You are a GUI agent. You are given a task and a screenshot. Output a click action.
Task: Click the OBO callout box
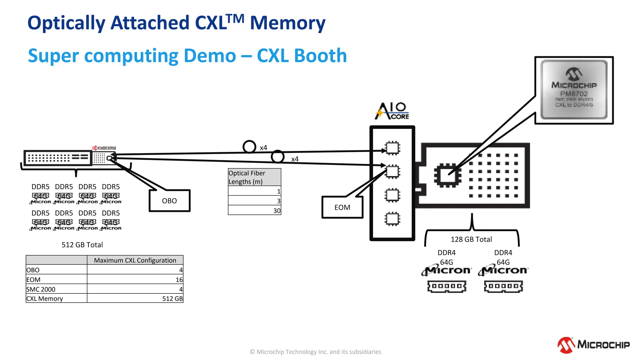click(x=169, y=201)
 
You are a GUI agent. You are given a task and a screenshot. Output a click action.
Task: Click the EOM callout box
click(x=342, y=207)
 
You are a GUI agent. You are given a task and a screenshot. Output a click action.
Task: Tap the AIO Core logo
click(x=392, y=111)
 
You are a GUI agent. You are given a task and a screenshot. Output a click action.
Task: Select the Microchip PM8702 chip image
click(x=574, y=90)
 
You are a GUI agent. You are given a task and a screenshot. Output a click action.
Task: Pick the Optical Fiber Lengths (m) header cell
click(x=254, y=177)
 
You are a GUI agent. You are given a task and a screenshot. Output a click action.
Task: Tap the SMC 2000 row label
click(x=41, y=289)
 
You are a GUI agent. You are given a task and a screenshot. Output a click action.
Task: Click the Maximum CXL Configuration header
click(x=135, y=260)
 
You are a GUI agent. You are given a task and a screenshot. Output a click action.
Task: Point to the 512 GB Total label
click(x=82, y=245)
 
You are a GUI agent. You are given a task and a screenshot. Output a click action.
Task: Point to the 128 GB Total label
click(x=471, y=239)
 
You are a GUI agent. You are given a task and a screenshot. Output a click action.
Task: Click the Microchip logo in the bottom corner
click(x=593, y=345)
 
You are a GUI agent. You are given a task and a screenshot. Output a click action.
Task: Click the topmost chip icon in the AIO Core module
click(x=392, y=148)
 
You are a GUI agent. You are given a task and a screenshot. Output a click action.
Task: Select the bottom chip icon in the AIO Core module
click(x=392, y=219)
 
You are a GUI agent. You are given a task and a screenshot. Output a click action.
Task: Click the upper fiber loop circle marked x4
click(x=249, y=147)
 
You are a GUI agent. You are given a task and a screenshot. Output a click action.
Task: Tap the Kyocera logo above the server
click(x=104, y=148)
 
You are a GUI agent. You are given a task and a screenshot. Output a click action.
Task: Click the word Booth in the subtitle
click(x=320, y=56)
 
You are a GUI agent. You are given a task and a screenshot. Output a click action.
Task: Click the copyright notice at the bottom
click(x=315, y=352)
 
